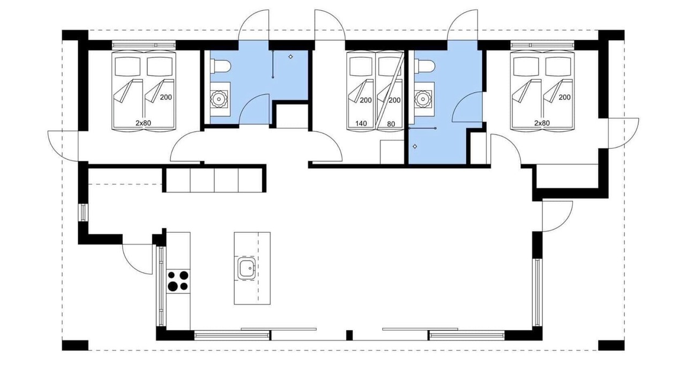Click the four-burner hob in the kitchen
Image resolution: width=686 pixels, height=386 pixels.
(x=178, y=281)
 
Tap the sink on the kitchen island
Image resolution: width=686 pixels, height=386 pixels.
(x=246, y=269)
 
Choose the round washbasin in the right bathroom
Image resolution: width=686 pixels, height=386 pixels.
(x=423, y=99)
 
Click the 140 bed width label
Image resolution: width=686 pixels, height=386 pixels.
(x=361, y=124)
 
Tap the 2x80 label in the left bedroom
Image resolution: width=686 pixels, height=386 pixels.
(x=143, y=123)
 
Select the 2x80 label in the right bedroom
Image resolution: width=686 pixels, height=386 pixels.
(x=542, y=123)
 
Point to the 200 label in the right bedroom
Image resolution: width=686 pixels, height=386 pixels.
(x=564, y=97)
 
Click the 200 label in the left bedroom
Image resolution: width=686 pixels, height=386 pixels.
(x=166, y=97)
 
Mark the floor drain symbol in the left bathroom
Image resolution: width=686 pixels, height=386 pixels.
(x=290, y=57)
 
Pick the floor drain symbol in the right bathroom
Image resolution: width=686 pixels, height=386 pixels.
(x=415, y=146)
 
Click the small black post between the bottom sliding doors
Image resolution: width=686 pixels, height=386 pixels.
(x=349, y=335)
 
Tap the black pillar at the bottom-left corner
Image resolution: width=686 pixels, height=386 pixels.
(x=75, y=345)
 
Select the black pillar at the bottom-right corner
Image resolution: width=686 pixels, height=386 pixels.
(x=612, y=345)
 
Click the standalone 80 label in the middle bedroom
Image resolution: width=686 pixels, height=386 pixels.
(x=391, y=124)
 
